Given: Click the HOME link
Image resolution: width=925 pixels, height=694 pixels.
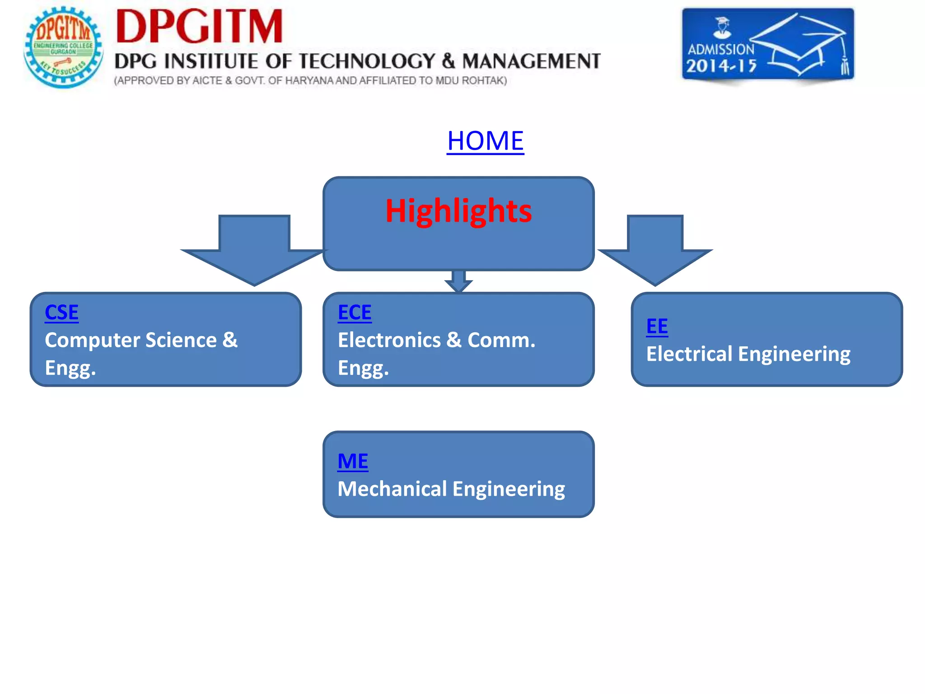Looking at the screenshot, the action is click(x=485, y=141).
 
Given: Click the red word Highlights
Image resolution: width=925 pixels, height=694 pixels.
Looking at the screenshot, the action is click(x=458, y=211).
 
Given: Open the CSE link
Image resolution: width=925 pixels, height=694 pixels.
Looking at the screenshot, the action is click(x=61, y=313).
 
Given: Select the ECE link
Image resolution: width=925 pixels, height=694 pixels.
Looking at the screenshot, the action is click(x=355, y=313).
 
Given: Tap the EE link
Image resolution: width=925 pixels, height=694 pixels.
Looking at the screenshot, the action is click(x=657, y=327).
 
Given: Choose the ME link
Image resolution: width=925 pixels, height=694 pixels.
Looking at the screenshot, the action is click(x=353, y=461).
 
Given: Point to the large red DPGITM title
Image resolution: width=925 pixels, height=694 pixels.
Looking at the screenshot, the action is click(x=199, y=27).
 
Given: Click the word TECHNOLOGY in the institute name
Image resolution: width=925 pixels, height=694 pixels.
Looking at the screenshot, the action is click(x=366, y=61).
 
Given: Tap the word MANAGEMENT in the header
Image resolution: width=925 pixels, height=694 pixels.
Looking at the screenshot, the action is click(x=531, y=61).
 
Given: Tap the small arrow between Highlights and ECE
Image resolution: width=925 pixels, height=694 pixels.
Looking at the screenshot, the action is click(x=458, y=281).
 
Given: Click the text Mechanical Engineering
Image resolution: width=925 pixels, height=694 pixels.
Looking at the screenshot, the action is click(x=451, y=489).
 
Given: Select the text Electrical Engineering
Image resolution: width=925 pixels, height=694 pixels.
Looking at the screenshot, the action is click(x=748, y=354).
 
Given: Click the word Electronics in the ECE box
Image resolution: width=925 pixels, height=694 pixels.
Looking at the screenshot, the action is click(x=389, y=340).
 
